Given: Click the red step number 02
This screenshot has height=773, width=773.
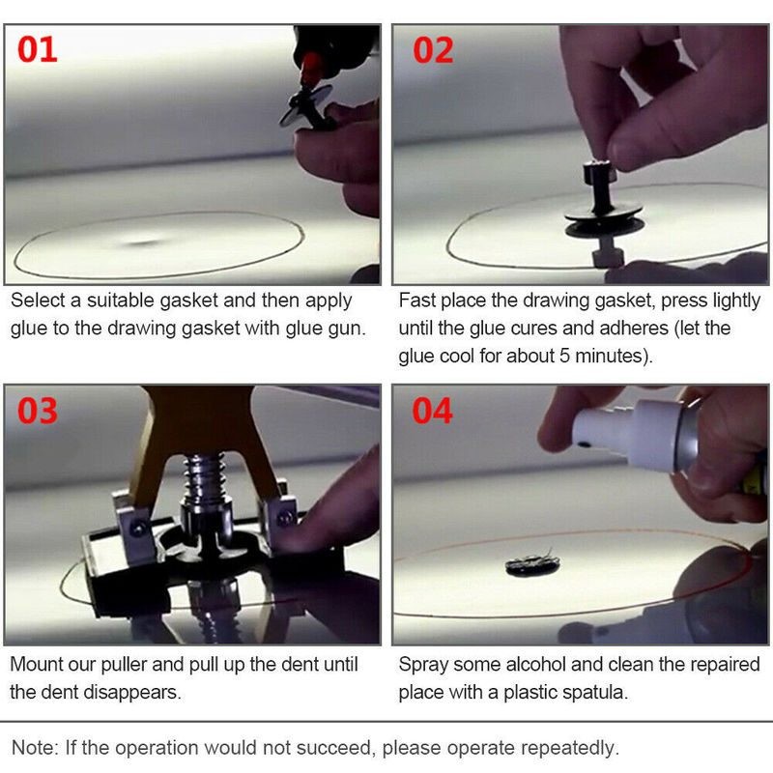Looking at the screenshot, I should (x=433, y=50).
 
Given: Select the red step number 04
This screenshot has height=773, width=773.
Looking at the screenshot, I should (x=433, y=411).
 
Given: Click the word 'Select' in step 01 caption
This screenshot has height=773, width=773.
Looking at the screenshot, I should (x=36, y=301).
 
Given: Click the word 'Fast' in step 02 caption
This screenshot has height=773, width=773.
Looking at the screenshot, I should (x=417, y=301).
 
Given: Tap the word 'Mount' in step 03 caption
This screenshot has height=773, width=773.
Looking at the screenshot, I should (x=36, y=665).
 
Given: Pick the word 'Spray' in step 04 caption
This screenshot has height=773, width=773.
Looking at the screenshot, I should (x=422, y=665).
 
